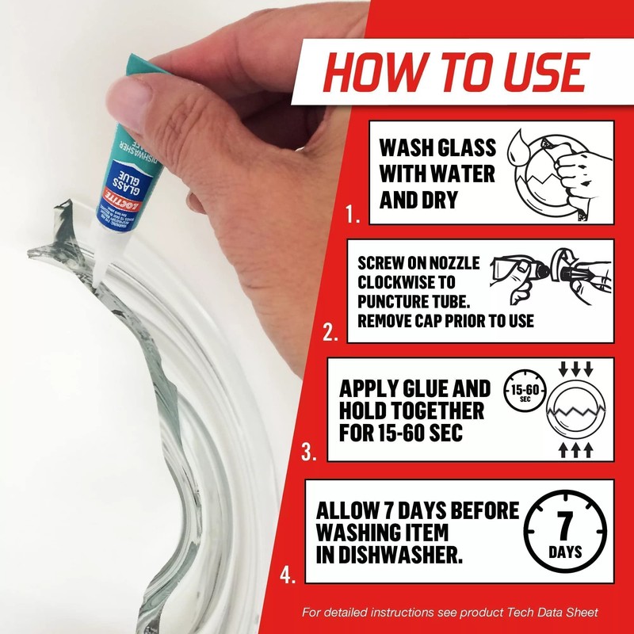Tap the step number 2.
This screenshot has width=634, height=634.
(331, 333)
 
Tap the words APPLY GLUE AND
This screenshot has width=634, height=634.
(414, 389)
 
